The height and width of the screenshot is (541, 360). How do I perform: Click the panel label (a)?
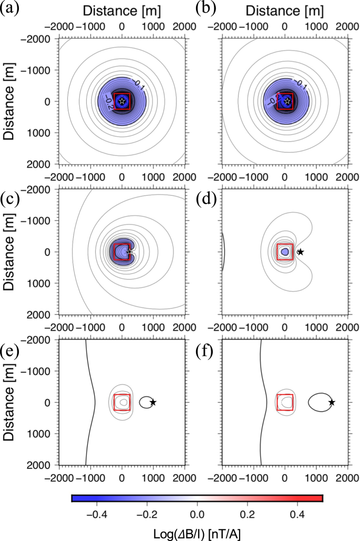point(10,10)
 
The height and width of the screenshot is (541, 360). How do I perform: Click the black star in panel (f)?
point(332,402)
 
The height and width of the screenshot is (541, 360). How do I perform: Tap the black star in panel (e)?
point(153,402)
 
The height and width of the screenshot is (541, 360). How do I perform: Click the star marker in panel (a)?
point(122,101)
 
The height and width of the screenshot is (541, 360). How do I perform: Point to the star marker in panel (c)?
point(130,252)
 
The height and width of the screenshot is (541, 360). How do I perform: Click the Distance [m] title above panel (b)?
point(285,10)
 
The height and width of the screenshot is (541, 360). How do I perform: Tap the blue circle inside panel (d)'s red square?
point(285,252)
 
